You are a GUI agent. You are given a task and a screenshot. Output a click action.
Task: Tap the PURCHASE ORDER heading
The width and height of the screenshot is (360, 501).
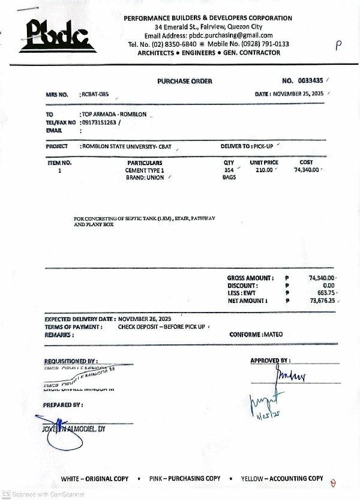point(185,81)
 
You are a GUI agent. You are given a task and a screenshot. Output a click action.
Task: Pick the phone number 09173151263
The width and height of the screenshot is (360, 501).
point(99,122)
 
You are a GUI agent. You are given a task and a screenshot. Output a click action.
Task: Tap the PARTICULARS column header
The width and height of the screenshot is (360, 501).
point(145,163)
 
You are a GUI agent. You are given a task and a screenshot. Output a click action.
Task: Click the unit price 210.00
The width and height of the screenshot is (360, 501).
point(264,170)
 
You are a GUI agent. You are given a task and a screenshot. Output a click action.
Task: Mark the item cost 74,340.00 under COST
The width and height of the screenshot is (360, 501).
point(307,170)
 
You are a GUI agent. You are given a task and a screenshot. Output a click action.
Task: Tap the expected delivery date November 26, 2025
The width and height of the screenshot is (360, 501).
point(145,319)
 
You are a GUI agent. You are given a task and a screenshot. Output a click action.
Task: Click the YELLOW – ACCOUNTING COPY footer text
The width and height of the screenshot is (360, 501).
point(282,478)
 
